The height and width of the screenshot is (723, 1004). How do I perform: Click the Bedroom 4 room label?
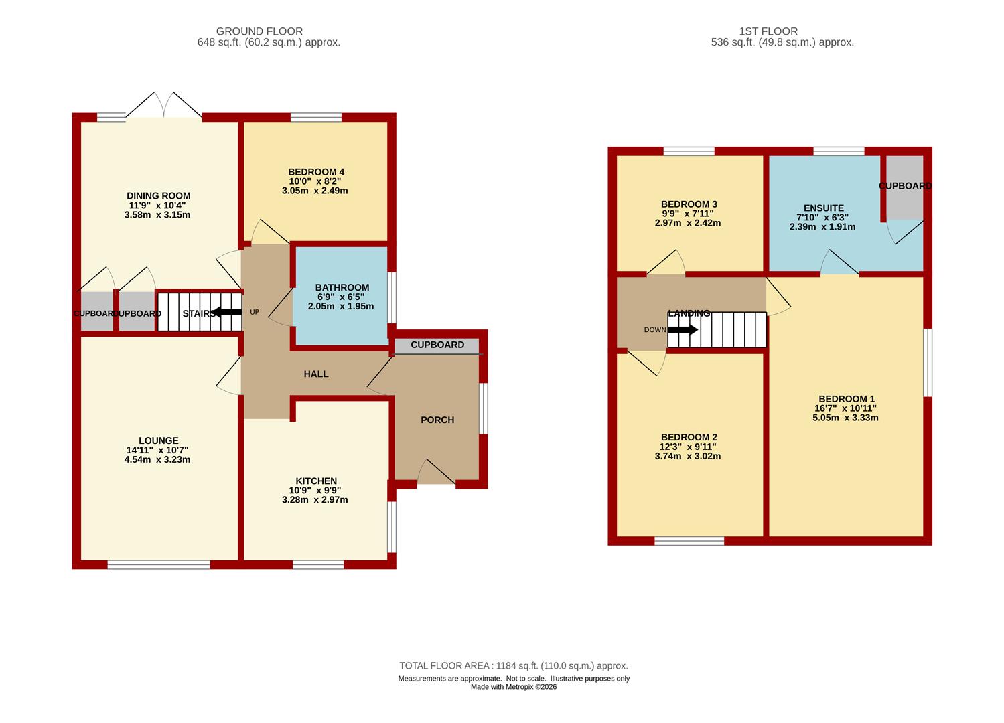pyautogui.click(x=316, y=172)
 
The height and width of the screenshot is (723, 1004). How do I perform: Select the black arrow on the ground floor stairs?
pyautogui.click(x=227, y=312)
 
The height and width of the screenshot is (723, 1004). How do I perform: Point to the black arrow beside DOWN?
pyautogui.click(x=683, y=329)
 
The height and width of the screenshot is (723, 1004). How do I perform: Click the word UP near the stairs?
pyautogui.click(x=254, y=312)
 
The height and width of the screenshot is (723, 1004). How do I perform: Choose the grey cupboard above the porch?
pyautogui.click(x=437, y=345)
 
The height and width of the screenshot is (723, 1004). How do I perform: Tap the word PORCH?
pyautogui.click(x=437, y=420)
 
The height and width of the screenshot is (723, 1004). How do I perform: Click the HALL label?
pyautogui.click(x=316, y=374)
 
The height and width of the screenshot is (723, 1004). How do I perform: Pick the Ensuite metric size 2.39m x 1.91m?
pyautogui.click(x=822, y=227)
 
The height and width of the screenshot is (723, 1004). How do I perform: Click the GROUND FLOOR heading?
pyautogui.click(x=259, y=31)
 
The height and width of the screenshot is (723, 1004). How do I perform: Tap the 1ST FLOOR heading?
pyautogui.click(x=768, y=31)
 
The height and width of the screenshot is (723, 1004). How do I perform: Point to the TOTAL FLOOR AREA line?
pyautogui.click(x=514, y=665)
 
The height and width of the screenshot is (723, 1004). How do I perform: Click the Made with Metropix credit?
pyautogui.click(x=514, y=687)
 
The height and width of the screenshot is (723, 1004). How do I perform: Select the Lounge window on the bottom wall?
pyautogui.click(x=159, y=564)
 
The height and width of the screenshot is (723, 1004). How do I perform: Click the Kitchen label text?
pyautogui.click(x=316, y=481)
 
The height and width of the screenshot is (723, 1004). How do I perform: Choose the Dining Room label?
pyautogui.click(x=158, y=195)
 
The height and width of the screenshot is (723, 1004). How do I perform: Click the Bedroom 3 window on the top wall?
pyautogui.click(x=689, y=151)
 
